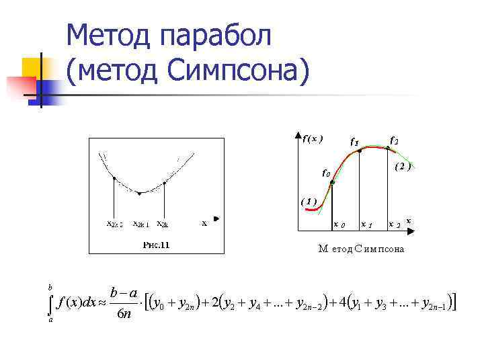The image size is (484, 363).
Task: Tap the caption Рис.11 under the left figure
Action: pyautogui.click(x=156, y=245)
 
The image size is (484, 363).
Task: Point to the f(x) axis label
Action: pyautogui.click(x=312, y=139)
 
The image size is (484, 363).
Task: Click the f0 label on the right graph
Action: pyautogui.click(x=326, y=173)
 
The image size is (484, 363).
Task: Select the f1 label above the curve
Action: pyautogui.click(x=353, y=142)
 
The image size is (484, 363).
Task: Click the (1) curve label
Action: pyautogui.click(x=309, y=200)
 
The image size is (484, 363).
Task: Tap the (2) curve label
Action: pyautogui.click(x=403, y=165)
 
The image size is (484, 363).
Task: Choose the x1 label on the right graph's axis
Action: pyautogui.click(x=367, y=225)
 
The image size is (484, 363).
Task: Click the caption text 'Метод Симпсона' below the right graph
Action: pyautogui.click(x=361, y=249)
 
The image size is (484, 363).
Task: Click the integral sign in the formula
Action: pyautogui.click(x=50, y=305)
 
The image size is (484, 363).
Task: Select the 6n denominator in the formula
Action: pyautogui.click(x=124, y=315)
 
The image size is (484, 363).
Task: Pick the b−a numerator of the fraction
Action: pyautogui.click(x=124, y=293)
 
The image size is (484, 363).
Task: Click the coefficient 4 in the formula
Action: pyautogui.click(x=343, y=304)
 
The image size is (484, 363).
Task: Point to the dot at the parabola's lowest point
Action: pyautogui.click(x=139, y=194)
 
